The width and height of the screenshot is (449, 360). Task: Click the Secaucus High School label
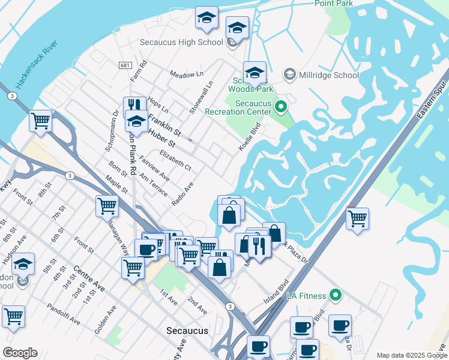pyautogui.click(x=181, y=42)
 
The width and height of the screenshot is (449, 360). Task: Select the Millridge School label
pyautogui.click(x=329, y=75)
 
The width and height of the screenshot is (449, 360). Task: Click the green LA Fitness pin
pyautogui.click(x=336, y=295)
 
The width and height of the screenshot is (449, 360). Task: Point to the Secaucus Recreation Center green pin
pyautogui.click(x=280, y=107)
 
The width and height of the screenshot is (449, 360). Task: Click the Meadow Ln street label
pyautogui.click(x=187, y=74)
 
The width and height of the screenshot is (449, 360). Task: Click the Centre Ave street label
pyautogui.click(x=89, y=279)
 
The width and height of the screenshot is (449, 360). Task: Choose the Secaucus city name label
pyautogui.click(x=187, y=331)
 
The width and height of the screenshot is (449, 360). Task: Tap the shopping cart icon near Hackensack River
pyautogui.click(x=40, y=121)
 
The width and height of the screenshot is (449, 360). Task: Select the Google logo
pyautogui.click(x=20, y=352)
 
